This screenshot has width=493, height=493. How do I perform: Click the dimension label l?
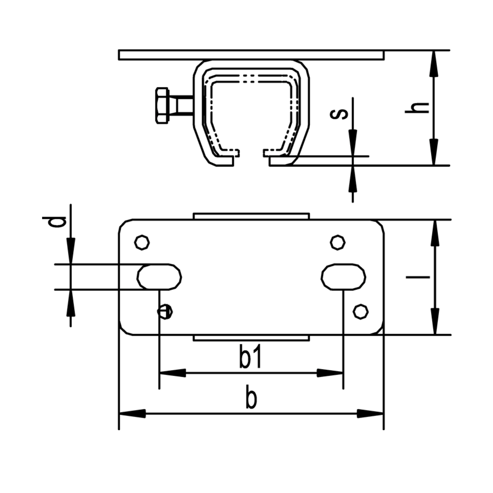click(x=418, y=277)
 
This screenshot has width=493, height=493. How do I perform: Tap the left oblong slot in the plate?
click(x=159, y=277)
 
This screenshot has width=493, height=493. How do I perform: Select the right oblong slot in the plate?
click(x=343, y=277)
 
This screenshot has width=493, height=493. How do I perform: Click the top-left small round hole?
click(x=142, y=243)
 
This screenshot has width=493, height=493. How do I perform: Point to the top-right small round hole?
click(x=338, y=243)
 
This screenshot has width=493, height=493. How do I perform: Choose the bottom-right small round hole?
click(x=361, y=311)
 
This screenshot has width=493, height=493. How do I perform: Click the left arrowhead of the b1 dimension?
click(x=173, y=373)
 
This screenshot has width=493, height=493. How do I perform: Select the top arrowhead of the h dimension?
click(x=434, y=64)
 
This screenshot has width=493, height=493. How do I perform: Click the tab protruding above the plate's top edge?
click(x=251, y=216)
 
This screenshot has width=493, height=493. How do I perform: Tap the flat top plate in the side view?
click(x=251, y=55)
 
